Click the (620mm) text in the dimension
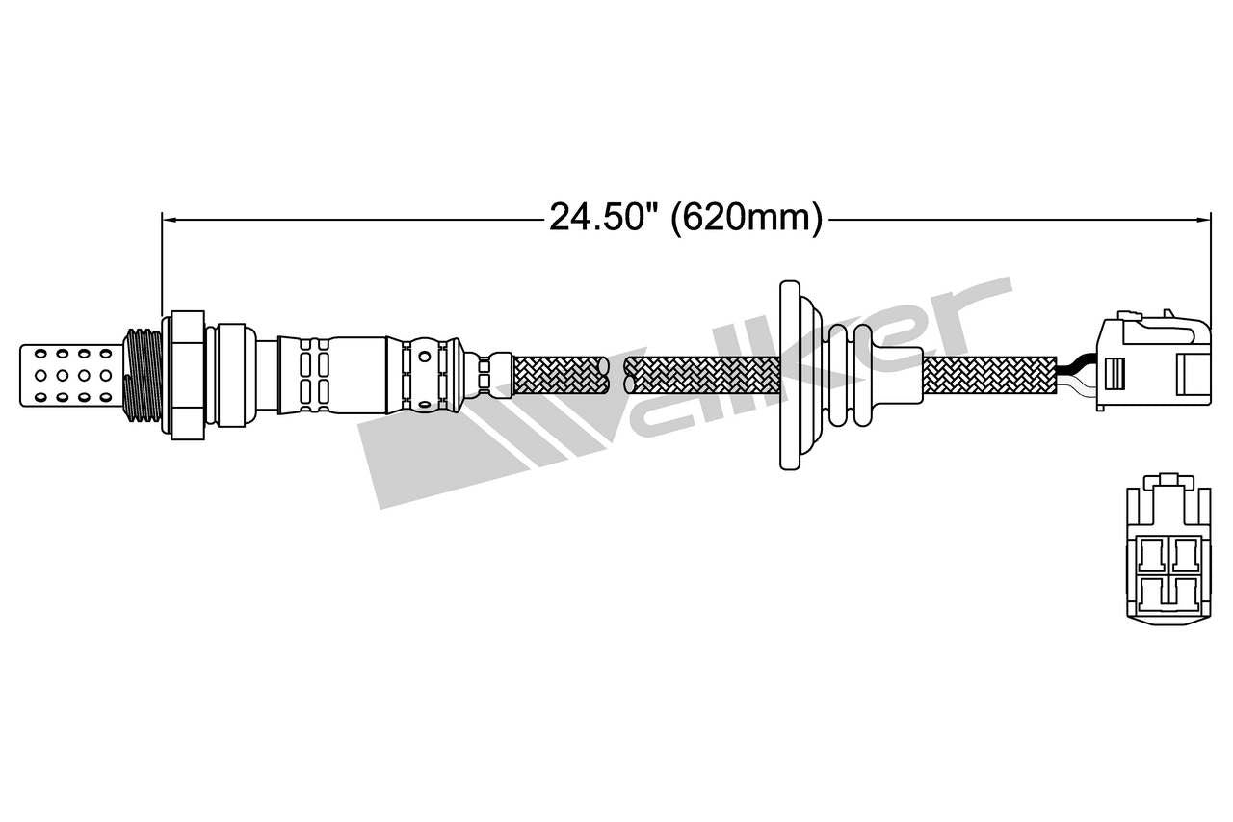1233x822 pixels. pos(748,218)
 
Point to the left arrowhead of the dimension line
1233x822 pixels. pos(170,219)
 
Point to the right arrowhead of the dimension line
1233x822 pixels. pos(1203,219)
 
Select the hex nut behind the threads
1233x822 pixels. pos(187,374)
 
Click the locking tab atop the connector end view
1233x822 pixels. pos(1168,479)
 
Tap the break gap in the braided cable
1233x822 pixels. pos(616,375)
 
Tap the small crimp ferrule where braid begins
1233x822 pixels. pos(499,374)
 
